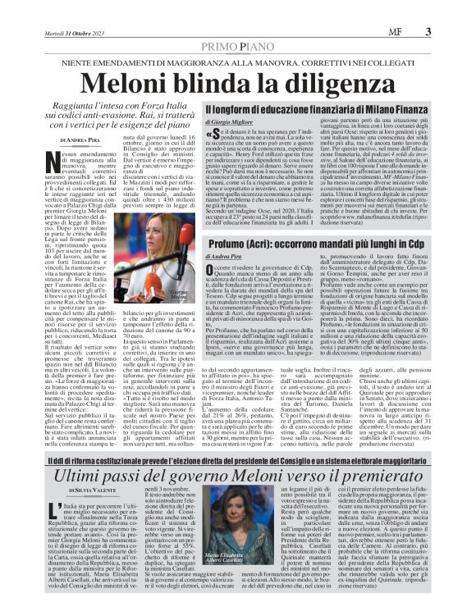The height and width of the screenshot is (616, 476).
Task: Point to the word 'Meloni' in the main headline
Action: (x=121, y=83)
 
